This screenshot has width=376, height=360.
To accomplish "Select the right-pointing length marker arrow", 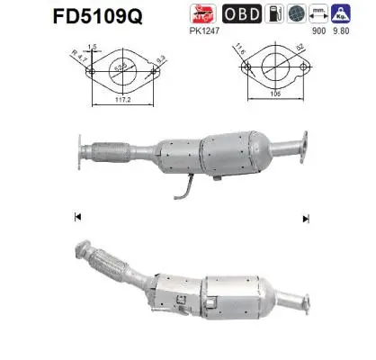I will click(307, 218).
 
